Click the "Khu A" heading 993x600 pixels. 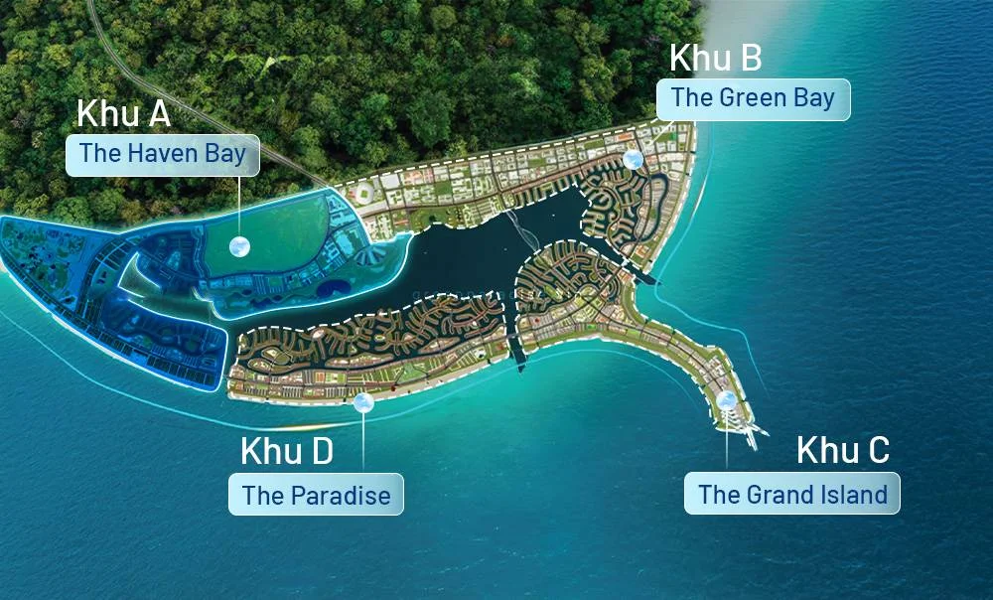pos(123,113)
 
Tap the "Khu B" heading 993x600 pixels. pos(715,58)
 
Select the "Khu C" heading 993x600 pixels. pos(843,450)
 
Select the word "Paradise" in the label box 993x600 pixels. pos(341,495)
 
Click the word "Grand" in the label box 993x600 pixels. pos(769,494)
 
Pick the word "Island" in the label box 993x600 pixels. pos(850,494)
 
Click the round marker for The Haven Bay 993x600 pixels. pos(239,246)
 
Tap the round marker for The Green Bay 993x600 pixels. pos(634,159)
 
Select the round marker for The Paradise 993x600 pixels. pos(363,402)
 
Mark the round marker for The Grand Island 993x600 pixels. pos(727,400)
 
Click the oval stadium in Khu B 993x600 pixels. pos(365,193)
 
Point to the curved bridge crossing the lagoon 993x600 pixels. pos(521,234)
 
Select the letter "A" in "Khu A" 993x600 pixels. pos(157,113)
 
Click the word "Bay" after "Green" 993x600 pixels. pos(811,98)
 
